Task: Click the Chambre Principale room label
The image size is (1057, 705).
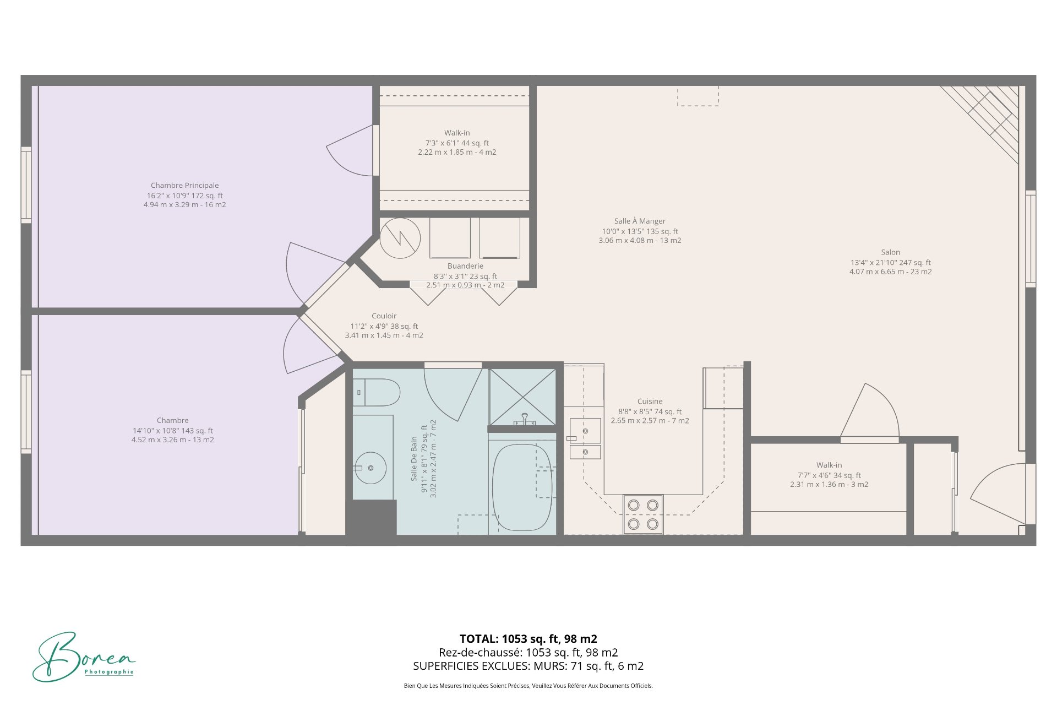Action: tap(185, 186)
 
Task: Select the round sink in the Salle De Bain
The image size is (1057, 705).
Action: tap(371, 468)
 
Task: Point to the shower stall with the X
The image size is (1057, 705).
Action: tap(522, 397)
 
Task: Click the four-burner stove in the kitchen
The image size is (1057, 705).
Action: tap(643, 514)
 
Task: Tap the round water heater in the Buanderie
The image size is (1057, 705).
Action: tap(400, 238)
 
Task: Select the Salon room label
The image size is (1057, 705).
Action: tap(890, 252)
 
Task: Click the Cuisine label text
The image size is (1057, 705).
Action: tap(650, 402)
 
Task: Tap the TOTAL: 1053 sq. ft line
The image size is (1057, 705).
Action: tap(528, 639)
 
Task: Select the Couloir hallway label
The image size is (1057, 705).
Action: tap(384, 316)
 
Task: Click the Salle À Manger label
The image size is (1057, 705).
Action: tap(640, 221)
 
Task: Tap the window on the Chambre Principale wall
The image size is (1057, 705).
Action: tap(26, 185)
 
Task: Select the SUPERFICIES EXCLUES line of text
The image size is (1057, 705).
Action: tap(528, 666)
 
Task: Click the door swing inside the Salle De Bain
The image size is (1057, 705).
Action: tap(451, 392)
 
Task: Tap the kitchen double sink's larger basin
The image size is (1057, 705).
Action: tap(585, 431)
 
